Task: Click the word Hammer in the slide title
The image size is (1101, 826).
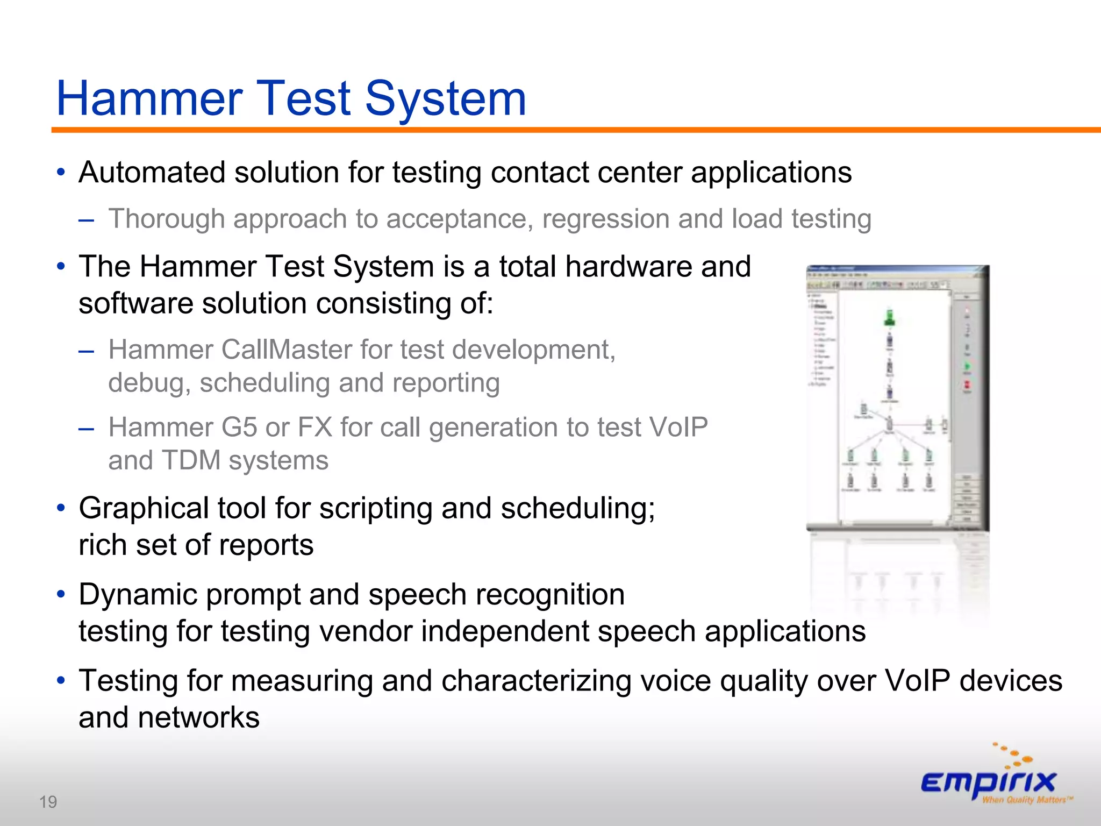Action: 149,99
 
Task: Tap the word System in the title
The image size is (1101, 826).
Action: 446,99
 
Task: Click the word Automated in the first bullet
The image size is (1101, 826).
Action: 152,173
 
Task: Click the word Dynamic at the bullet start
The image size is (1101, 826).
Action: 137,595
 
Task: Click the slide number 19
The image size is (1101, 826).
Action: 48,802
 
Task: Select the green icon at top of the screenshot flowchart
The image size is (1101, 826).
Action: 890,317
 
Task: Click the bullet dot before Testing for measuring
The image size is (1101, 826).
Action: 61,681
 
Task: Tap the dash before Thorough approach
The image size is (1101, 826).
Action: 86,219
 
